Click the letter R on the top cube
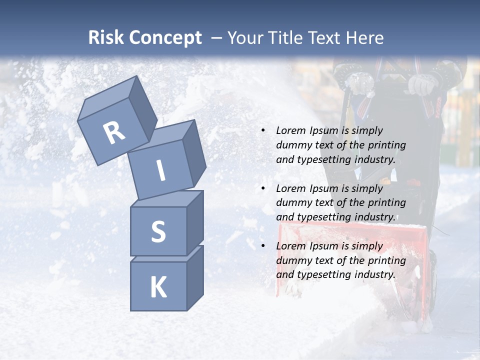114,133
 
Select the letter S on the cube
158,232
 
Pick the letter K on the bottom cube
158,287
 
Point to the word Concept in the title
164,38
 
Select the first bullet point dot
263,130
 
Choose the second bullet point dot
263,188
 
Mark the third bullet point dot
263,246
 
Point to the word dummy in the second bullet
292,203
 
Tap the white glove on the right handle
421,84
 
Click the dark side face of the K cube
194,277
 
